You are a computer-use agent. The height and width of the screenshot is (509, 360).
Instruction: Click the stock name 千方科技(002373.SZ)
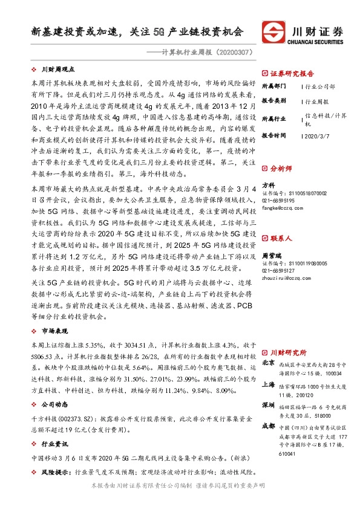point(59,418)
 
